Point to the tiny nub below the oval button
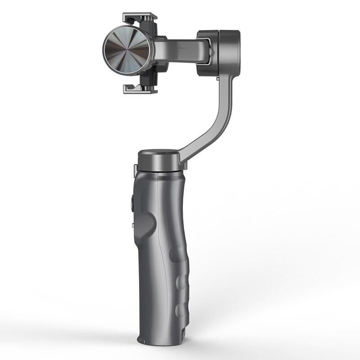(x=132, y=224)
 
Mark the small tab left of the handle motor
(x=135, y=168)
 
